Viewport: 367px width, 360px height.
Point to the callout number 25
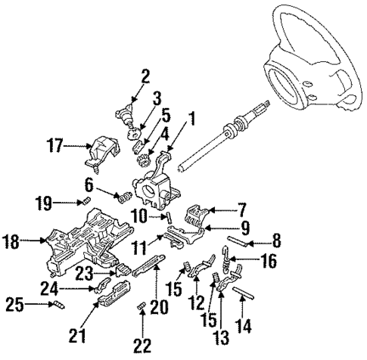(11, 306)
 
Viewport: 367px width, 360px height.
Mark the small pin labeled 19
(86, 200)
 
